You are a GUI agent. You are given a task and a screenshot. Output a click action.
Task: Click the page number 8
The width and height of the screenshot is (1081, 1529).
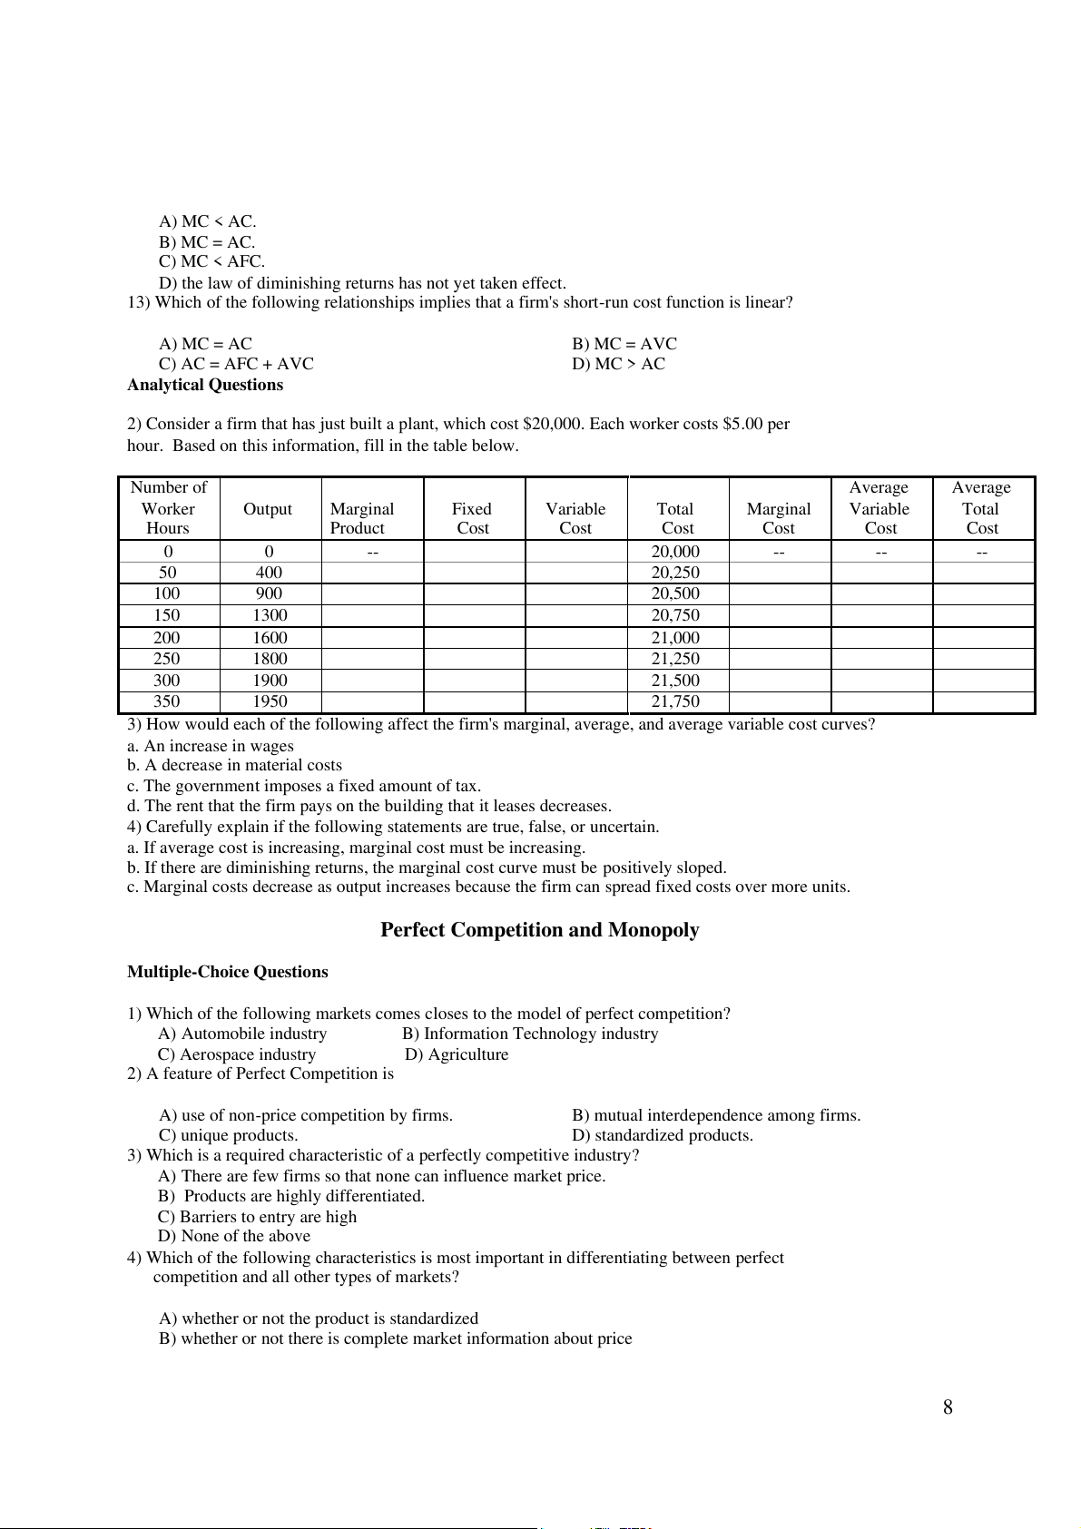point(948,1407)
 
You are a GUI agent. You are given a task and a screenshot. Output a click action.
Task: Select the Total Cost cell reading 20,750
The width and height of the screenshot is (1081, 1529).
point(675,615)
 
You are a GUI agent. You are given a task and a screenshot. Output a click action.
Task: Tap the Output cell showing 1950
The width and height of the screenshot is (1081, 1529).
point(270,701)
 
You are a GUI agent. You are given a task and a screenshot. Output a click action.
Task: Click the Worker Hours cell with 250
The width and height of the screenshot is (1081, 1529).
point(167,659)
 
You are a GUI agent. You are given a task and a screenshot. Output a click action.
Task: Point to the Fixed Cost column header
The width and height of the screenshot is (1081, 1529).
point(473,518)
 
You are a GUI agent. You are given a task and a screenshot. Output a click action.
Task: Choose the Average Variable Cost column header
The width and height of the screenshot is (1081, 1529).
point(880,508)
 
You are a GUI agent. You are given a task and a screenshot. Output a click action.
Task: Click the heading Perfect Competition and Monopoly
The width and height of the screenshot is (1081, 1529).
point(539,930)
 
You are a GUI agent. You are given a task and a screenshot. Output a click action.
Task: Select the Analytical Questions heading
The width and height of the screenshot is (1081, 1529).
point(205,385)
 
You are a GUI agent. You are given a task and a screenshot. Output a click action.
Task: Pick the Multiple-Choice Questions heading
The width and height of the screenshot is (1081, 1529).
point(227,972)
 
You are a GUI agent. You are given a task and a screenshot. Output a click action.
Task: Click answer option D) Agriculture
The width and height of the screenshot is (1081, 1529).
point(457,1054)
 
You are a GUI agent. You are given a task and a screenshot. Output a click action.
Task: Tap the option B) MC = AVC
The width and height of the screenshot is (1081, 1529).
point(624,344)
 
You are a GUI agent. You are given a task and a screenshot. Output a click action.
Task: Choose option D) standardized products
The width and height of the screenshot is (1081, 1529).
point(663,1135)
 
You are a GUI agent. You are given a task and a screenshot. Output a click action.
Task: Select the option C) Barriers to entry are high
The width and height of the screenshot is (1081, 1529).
point(257,1217)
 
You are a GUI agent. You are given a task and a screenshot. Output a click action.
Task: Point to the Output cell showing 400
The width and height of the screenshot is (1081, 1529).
point(269,573)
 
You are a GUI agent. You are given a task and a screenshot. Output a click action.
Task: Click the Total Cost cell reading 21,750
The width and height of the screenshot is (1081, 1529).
point(675,701)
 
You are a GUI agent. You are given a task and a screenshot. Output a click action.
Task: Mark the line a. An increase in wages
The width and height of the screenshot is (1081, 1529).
point(211,746)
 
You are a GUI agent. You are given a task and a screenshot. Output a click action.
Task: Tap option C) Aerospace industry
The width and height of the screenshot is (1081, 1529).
point(237,1054)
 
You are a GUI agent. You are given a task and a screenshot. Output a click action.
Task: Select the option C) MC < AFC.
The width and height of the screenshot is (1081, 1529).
point(212,261)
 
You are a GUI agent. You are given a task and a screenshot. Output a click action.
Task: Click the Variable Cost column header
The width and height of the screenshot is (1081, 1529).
point(575,518)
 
